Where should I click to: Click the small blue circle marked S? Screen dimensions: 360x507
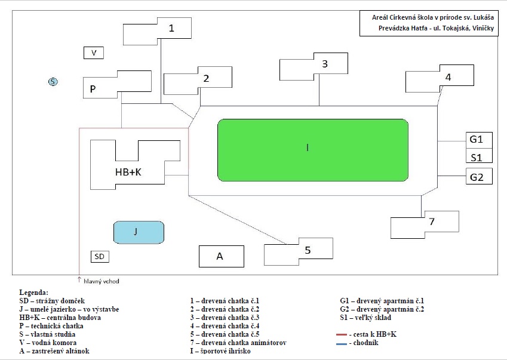(53, 82)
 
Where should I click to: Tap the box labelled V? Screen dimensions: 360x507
(94, 53)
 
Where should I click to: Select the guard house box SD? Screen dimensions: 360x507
(100, 257)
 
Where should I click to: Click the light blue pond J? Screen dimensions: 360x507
(139, 232)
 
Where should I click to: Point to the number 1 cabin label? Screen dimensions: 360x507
(172, 28)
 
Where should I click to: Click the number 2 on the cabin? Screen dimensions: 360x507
(206, 78)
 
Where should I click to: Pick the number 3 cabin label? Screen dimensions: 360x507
(325, 64)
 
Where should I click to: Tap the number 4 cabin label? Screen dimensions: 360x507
(448, 77)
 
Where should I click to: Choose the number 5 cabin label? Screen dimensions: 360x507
(308, 250)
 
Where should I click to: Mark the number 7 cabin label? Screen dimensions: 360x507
(431, 221)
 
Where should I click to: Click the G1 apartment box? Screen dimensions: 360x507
(478, 140)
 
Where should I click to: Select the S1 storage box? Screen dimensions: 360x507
(478, 157)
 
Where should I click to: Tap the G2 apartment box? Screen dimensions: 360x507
(478, 177)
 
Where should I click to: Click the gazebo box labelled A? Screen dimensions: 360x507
(221, 256)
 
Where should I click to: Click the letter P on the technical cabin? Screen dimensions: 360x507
(93, 89)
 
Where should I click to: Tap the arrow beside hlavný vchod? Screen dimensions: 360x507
(79, 279)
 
